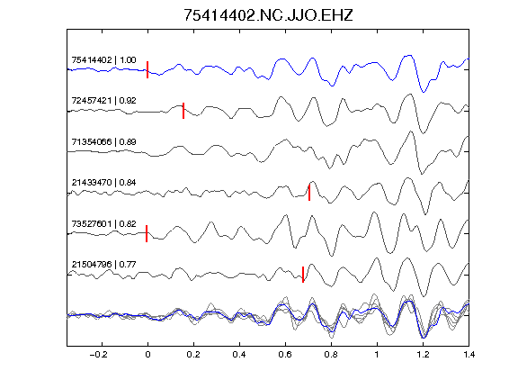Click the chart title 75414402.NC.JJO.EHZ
(268, 15)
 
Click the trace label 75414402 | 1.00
(103, 60)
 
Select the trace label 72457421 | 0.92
(103, 101)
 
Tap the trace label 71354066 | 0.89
(103, 142)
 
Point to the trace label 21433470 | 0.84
(103, 183)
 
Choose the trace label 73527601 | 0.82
(103, 224)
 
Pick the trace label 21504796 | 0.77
(103, 265)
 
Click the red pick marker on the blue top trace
(147, 70)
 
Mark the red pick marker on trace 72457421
(183, 111)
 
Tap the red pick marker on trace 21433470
(309, 193)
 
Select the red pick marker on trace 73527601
(147, 233)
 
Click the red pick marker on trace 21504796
(303, 275)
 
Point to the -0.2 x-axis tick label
(98, 355)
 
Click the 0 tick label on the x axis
(147, 355)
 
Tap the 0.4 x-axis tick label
(239, 355)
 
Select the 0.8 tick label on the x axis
(331, 355)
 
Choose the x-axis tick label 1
(377, 355)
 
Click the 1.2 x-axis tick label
(423, 355)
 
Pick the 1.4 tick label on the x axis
(469, 355)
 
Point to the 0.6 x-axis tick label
(285, 355)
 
